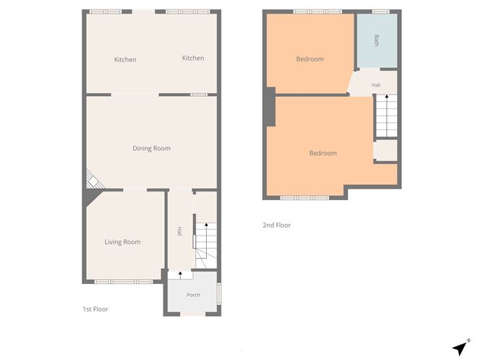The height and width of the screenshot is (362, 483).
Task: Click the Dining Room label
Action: [x=152, y=148]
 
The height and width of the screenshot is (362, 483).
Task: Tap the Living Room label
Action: [x=123, y=242]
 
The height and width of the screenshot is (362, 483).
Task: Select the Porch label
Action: [x=194, y=295]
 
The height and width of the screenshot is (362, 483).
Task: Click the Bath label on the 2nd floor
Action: [x=377, y=40]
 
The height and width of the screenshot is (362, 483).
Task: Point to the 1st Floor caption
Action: [x=95, y=309]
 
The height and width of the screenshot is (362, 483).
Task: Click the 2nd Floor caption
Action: [x=277, y=225]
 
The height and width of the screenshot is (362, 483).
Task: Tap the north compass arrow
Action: [x=461, y=348]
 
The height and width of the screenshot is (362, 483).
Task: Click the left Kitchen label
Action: [x=125, y=59]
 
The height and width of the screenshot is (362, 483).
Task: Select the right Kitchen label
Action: [x=193, y=58]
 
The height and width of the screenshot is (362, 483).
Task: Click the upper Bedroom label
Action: [x=310, y=59]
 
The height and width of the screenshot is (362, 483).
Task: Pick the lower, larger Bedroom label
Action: [x=323, y=153]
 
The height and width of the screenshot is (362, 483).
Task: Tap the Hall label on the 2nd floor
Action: [x=376, y=85]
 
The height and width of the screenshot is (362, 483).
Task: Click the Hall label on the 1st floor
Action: [x=179, y=231]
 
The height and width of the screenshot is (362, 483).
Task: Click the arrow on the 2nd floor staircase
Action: [x=387, y=98]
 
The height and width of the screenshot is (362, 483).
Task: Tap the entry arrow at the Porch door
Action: [x=181, y=275]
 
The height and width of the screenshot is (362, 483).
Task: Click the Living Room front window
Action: [x=124, y=282]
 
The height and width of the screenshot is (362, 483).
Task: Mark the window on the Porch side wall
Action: [x=219, y=293]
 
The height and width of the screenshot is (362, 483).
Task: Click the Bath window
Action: [x=381, y=12]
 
